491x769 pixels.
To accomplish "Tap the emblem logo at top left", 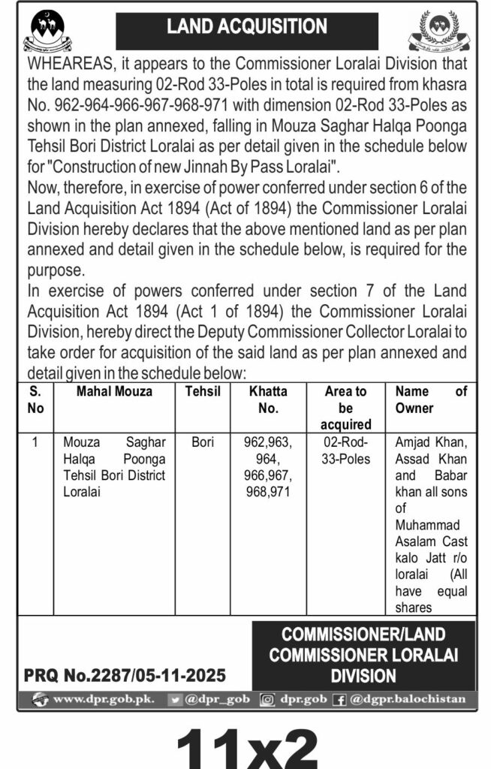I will pyautogui.click(x=48, y=30).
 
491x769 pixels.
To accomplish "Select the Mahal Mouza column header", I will pyautogui.click(x=114, y=391).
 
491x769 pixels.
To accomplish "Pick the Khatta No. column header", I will pyautogui.click(x=267, y=400).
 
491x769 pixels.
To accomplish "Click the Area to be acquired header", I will pyautogui.click(x=345, y=408).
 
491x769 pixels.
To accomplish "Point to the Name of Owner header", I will pyautogui.click(x=430, y=400).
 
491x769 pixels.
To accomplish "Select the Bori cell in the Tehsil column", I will pyautogui.click(x=203, y=442).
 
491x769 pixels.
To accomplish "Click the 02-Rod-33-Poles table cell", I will pyautogui.click(x=345, y=450).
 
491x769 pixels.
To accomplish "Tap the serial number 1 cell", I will pyautogui.click(x=35, y=442).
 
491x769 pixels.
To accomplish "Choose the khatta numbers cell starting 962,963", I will pyautogui.click(x=267, y=466).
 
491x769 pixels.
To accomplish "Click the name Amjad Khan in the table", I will pyautogui.click(x=431, y=442).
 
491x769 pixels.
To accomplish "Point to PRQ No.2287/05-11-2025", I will pyautogui.click(x=125, y=676).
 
